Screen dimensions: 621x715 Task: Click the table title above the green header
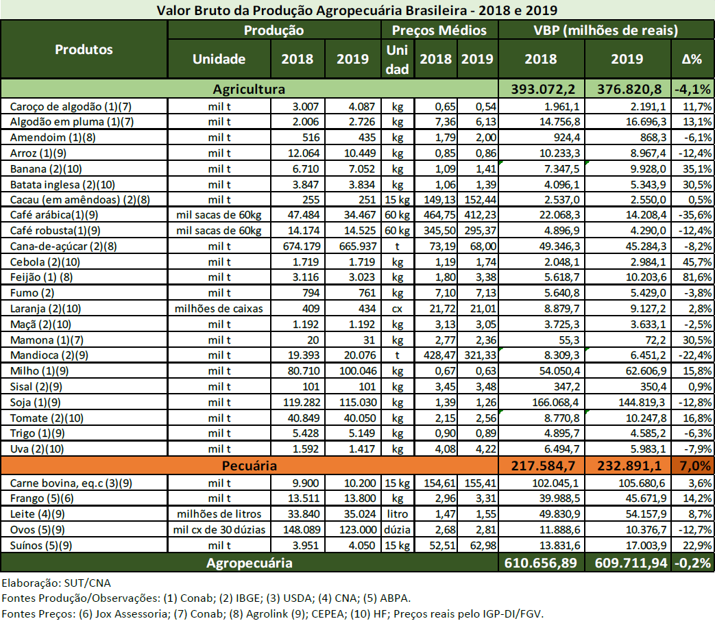tap(356, 10)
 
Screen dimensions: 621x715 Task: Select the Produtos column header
tap(84, 49)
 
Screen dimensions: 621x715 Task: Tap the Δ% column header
tap(692, 59)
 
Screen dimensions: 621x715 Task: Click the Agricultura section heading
tap(249, 89)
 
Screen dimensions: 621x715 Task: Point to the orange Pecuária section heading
tap(249, 466)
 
